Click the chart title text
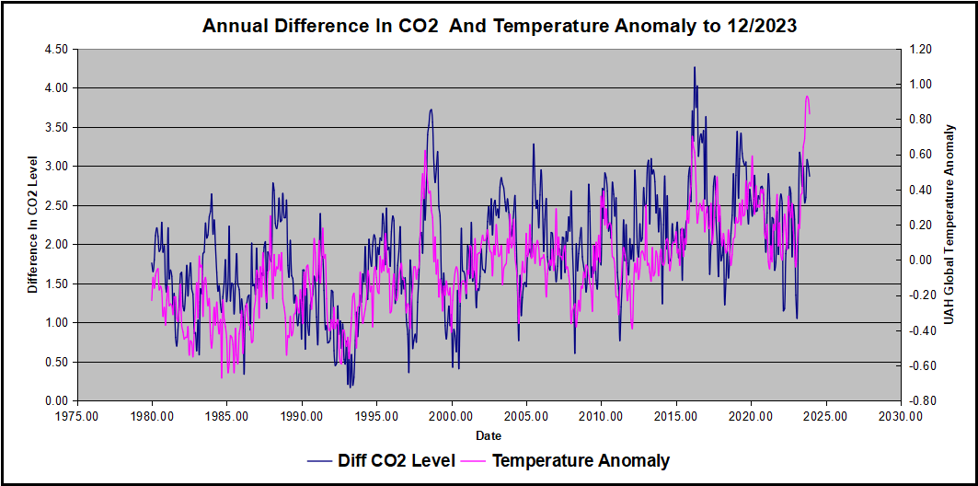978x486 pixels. (500, 27)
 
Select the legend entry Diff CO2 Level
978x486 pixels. (397, 460)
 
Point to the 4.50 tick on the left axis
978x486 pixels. (55, 49)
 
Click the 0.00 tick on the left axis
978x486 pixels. (55, 400)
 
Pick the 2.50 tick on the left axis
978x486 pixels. (55, 205)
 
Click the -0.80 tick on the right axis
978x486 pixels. (921, 400)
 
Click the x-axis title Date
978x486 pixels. (489, 434)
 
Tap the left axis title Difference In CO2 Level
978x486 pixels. (33, 225)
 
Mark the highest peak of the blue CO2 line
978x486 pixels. (695, 67)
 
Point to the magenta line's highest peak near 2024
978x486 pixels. (807, 96)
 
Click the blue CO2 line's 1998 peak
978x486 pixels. (431, 110)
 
